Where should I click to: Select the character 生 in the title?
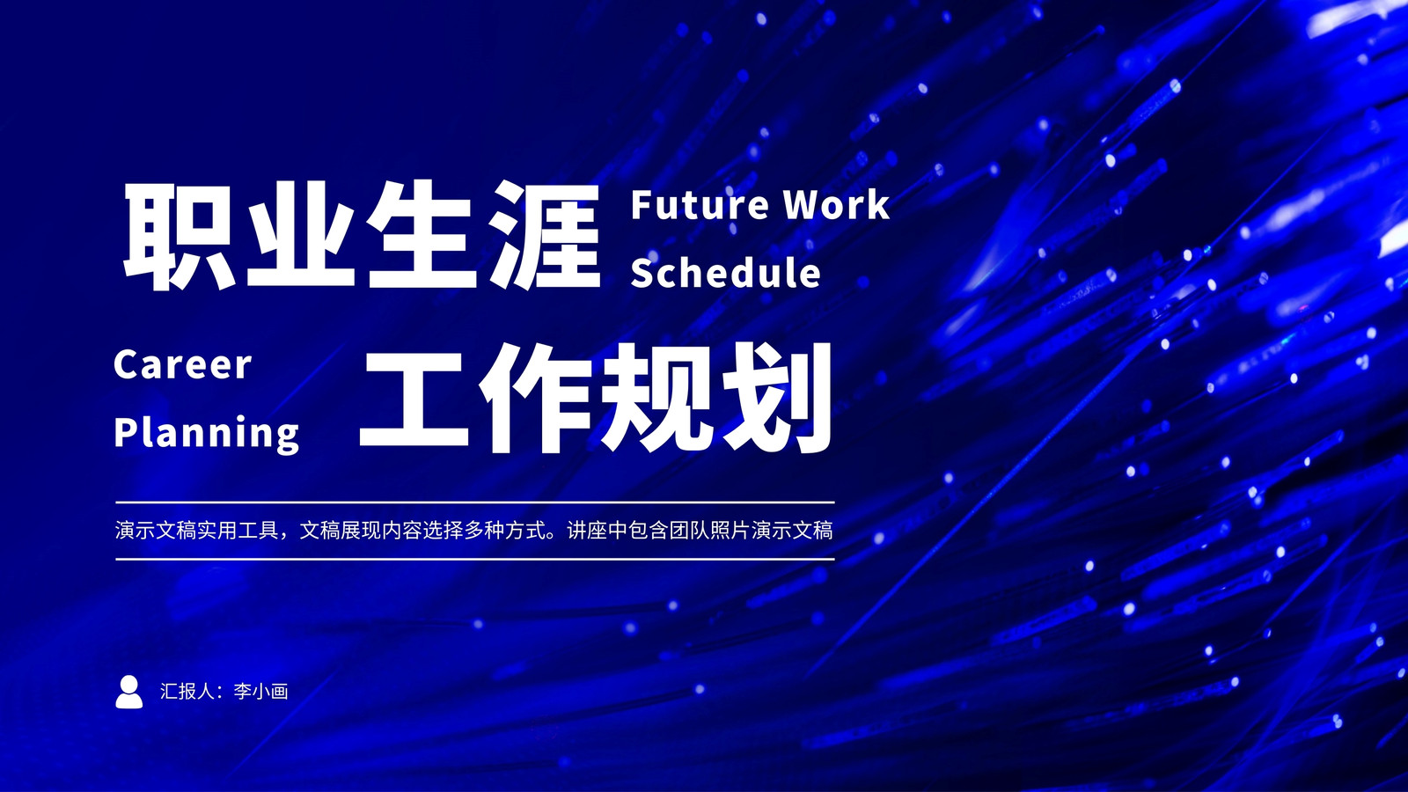pos(422,236)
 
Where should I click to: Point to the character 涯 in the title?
pos(545,236)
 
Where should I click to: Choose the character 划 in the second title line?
pos(777,398)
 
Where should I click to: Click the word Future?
pos(700,205)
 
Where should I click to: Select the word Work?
pos(836,205)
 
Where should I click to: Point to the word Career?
pos(182,364)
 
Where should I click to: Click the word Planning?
pos(206,434)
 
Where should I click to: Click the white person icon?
pos(128,692)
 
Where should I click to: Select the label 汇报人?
pos(188,692)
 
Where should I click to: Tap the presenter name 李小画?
pos(260,692)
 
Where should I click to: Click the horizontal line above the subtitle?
pos(475,502)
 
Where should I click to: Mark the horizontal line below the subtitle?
pos(475,558)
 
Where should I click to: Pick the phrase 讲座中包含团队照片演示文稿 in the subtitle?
pos(700,531)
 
